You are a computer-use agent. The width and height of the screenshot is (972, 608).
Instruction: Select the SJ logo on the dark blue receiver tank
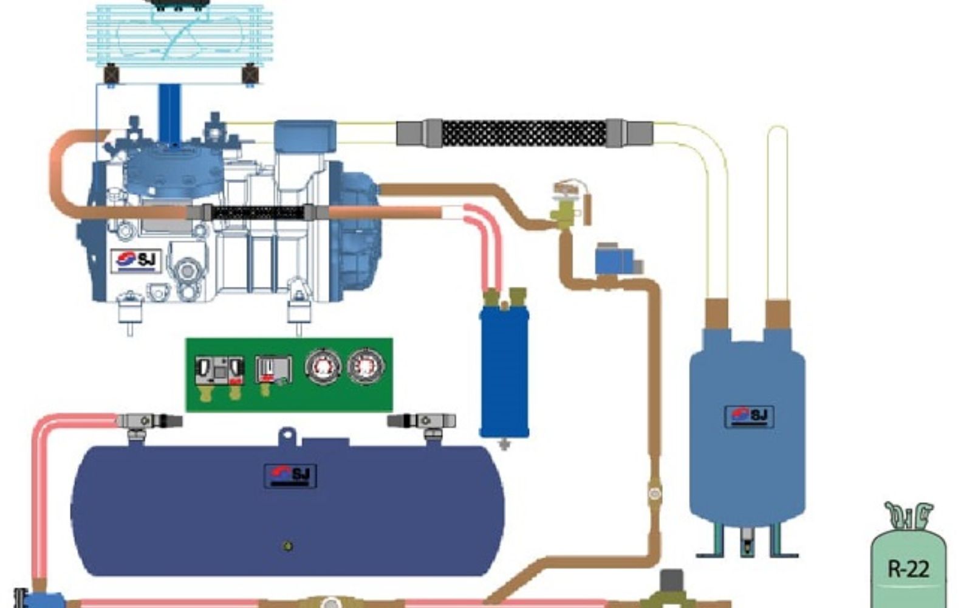point(290,475)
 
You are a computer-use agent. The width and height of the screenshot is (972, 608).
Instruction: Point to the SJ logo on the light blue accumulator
point(749,416)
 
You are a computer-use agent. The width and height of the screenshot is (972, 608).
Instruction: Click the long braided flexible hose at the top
point(524,133)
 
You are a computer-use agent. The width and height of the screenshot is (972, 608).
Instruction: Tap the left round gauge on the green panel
point(322,367)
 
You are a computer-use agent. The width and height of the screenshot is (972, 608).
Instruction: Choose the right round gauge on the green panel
point(365,367)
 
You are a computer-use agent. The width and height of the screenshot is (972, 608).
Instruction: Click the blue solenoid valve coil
point(614,260)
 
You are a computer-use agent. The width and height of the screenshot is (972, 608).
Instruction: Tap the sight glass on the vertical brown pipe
point(654,493)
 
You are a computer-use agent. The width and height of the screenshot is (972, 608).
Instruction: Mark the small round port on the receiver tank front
point(288,546)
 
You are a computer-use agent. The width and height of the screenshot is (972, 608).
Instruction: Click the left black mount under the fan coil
point(111,74)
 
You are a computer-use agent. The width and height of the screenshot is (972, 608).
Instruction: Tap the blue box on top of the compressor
point(305,136)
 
